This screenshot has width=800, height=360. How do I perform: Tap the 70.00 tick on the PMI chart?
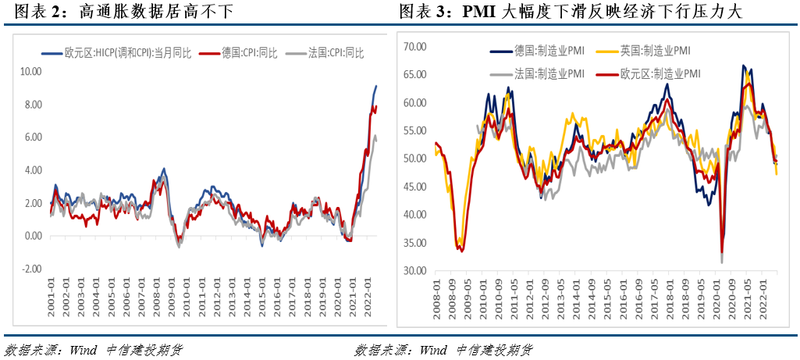tap(415, 47)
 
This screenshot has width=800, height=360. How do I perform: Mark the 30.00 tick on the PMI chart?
tap(415, 270)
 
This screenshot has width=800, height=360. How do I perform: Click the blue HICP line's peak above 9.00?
tap(375, 86)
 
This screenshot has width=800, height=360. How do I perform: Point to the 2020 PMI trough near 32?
tap(721, 262)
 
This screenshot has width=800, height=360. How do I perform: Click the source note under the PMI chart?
tap(444, 348)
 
